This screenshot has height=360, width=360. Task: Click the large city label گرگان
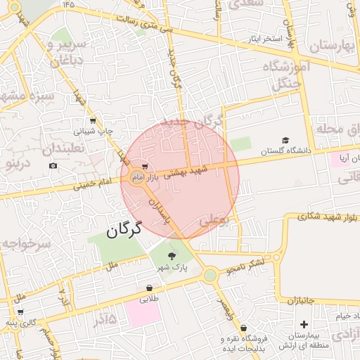click(124, 229)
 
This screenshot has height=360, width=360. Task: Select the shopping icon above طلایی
click(150, 288)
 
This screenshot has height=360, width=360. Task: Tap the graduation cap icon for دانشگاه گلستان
click(285, 141)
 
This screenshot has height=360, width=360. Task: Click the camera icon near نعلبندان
click(53, 166)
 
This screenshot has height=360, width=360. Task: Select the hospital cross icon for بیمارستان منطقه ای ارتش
click(304, 324)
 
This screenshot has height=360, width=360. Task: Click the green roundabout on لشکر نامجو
click(210, 276)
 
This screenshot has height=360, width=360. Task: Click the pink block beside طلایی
click(143, 313)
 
